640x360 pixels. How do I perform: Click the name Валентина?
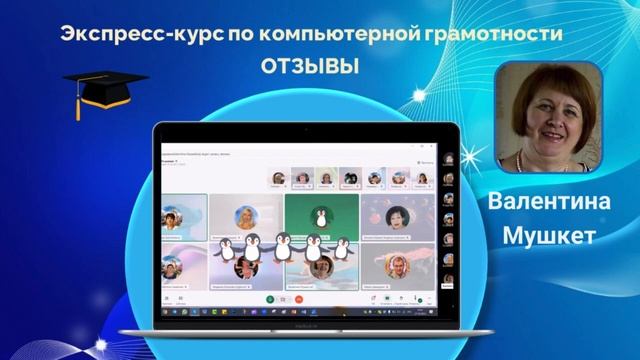pos(550,200)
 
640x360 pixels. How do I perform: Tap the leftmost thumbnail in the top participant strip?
pos(277,178)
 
